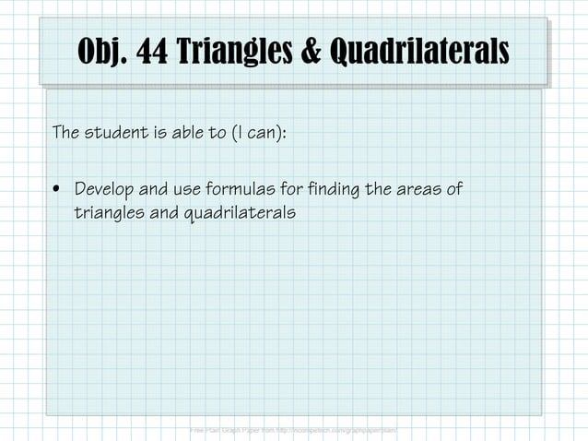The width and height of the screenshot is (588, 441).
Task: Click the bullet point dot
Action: click(x=57, y=191)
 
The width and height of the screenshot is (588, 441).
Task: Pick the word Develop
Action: click(x=103, y=190)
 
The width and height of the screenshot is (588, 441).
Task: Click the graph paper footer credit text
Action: click(x=293, y=430)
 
